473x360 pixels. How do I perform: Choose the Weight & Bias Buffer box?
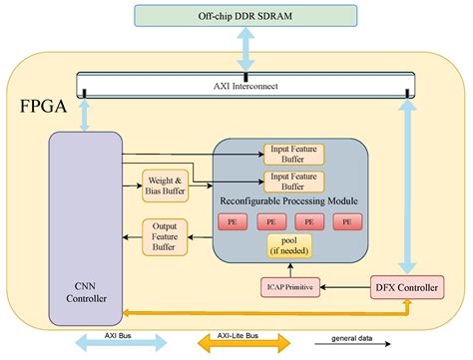tap(165, 184)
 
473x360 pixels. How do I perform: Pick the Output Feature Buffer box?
tap(165, 235)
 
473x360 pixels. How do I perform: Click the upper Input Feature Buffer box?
tap(293, 155)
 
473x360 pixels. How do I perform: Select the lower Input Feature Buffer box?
tap(293, 180)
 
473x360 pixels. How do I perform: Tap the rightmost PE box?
tap(347, 219)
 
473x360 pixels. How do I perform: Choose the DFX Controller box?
tap(405, 288)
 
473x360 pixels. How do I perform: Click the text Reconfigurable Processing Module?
tap(290, 200)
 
